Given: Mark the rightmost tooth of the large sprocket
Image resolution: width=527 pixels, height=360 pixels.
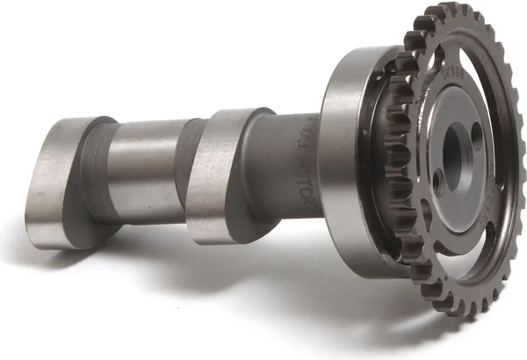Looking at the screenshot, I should tap(518, 176).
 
